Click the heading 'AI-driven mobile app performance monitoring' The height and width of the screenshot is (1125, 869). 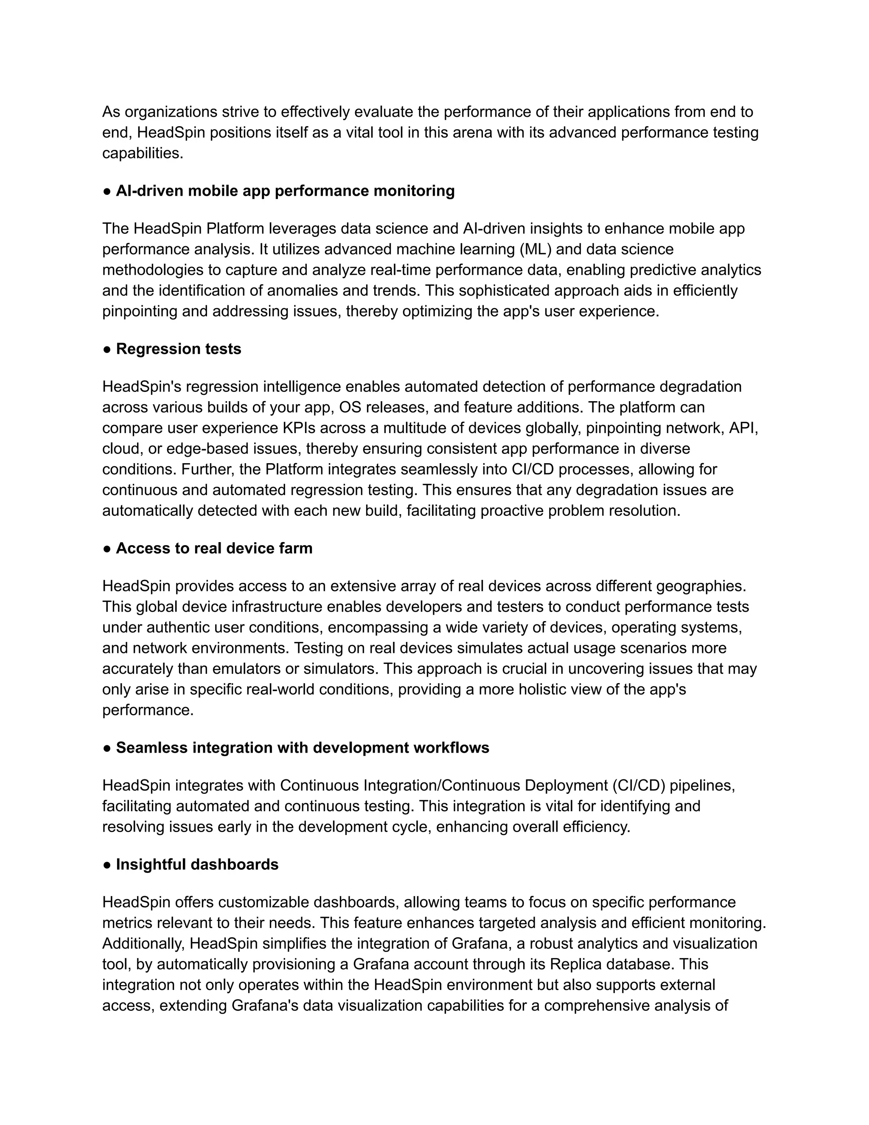click(x=285, y=191)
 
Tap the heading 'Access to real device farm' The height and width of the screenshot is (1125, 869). click(x=214, y=548)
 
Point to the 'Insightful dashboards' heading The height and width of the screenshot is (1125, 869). click(x=197, y=864)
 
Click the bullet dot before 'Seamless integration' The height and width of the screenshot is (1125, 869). click(x=107, y=748)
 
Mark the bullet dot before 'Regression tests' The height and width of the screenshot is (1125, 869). click(x=107, y=349)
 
